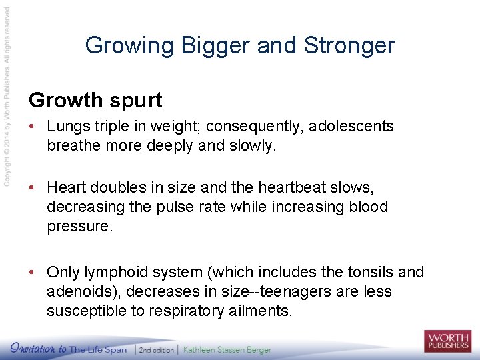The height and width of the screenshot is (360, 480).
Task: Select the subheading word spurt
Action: pyautogui.click(x=135, y=101)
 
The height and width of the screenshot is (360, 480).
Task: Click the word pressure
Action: pyautogui.click(x=76, y=225)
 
